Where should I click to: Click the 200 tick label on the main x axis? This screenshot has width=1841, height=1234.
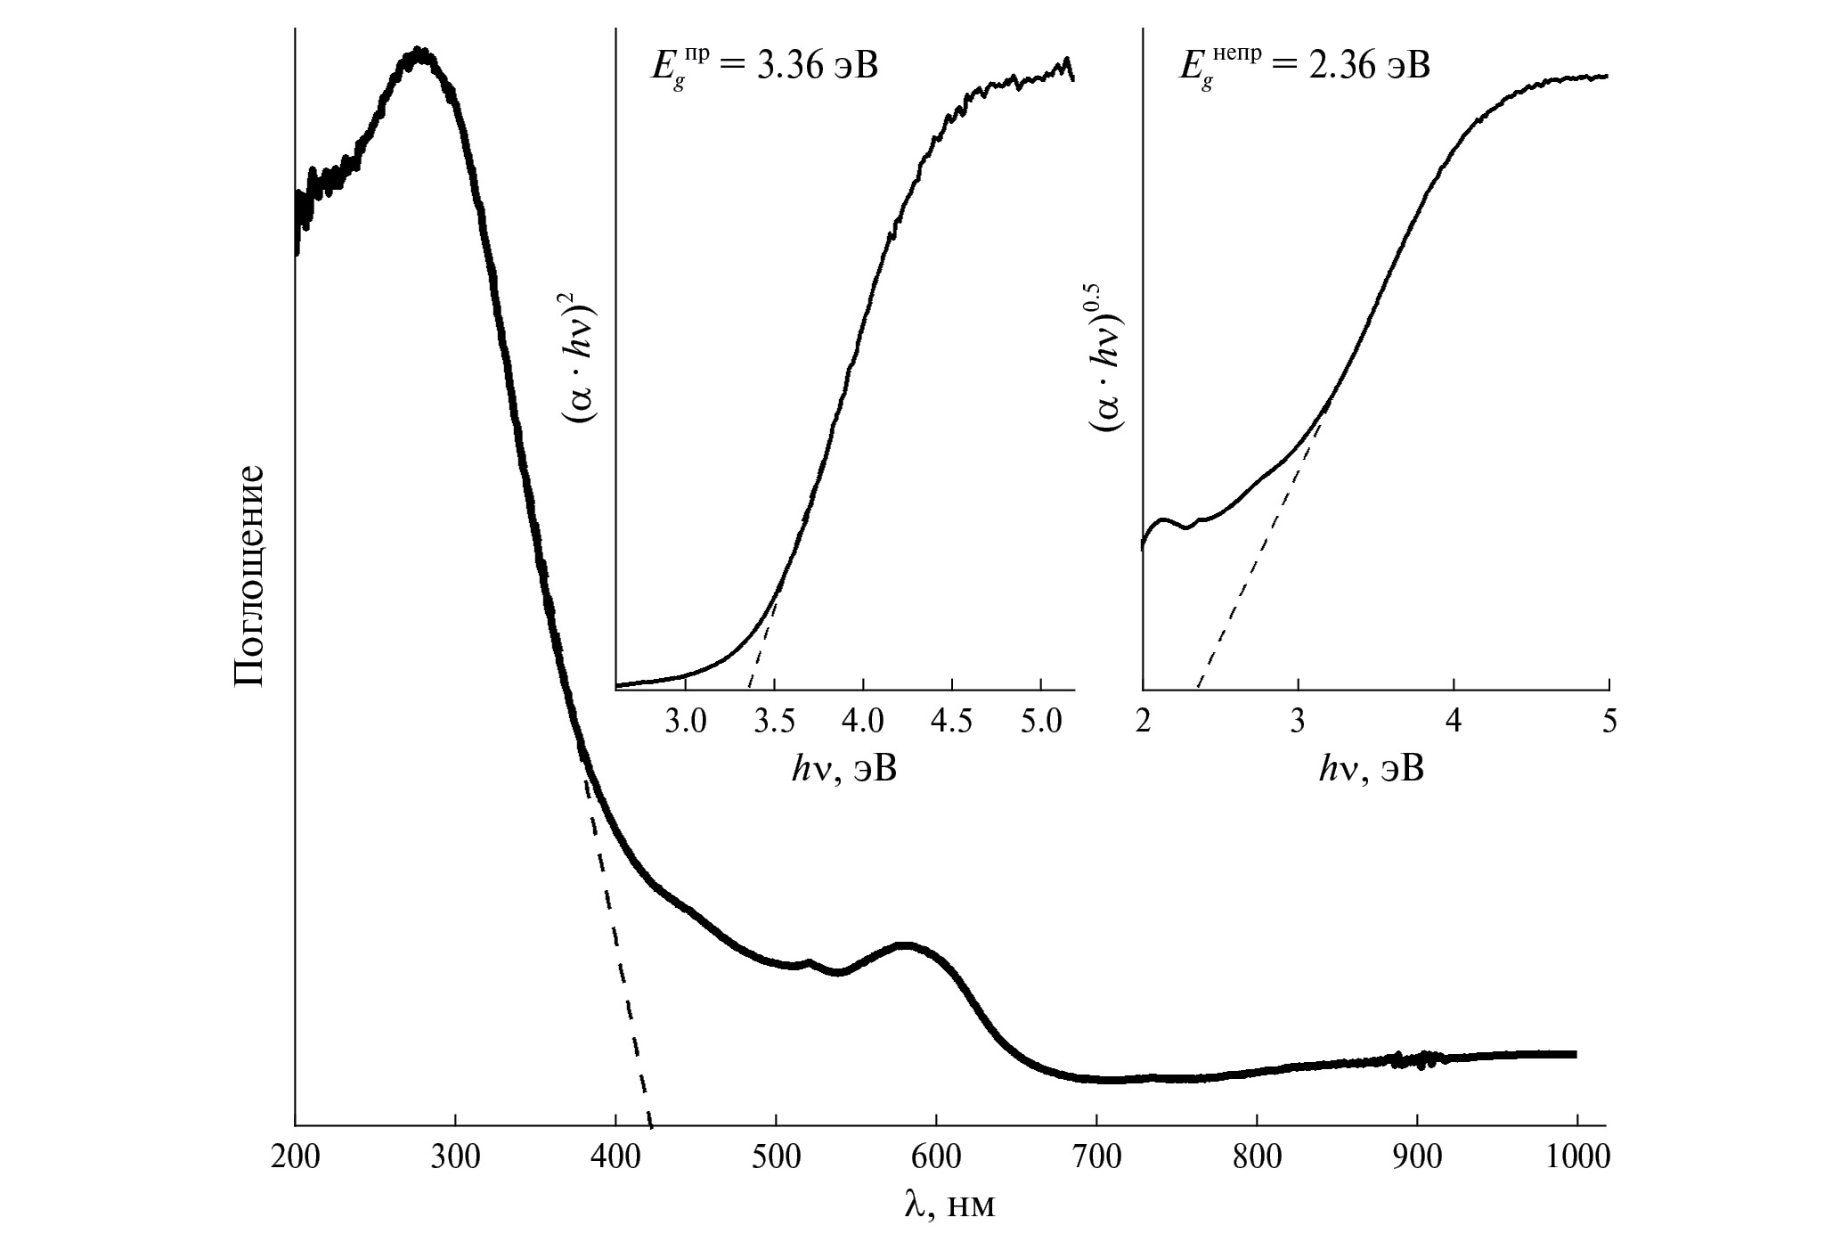click(295, 1157)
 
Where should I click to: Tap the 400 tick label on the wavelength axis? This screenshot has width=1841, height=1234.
click(615, 1157)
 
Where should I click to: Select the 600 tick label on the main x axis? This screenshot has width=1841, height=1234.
click(936, 1157)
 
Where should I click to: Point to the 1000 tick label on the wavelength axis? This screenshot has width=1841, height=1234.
click(1577, 1157)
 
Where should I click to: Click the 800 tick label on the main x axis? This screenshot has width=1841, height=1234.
click(1257, 1157)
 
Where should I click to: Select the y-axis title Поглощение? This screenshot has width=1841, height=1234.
click(250, 575)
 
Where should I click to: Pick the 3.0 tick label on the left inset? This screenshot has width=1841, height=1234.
click(685, 720)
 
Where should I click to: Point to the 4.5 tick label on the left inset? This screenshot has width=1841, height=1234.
click(951, 720)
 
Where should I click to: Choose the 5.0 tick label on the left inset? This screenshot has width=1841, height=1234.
click(1040, 720)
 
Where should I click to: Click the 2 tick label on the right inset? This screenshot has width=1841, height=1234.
click(1144, 720)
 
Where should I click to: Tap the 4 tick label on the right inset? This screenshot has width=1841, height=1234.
click(1454, 720)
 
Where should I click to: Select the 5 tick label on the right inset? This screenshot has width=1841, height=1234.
click(1609, 720)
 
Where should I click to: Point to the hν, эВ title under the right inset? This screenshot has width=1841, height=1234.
click(1372, 769)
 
